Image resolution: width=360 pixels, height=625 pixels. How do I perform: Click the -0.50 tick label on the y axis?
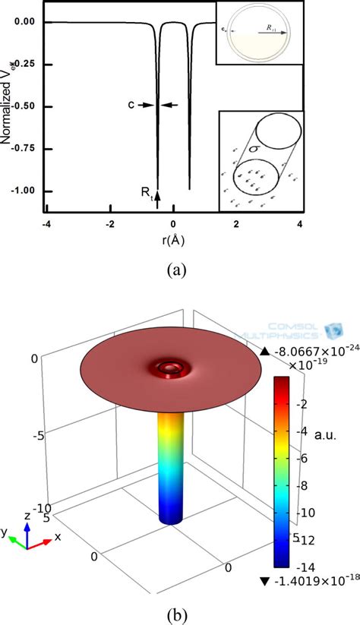coord(24,106)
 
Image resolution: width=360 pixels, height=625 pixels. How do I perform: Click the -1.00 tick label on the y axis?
coord(24,191)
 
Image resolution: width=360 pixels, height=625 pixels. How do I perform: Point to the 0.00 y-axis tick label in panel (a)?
coord(24,21)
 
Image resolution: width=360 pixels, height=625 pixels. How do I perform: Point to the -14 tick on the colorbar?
coord(307,566)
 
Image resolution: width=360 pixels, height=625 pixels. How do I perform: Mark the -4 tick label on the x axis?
coord(46,224)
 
